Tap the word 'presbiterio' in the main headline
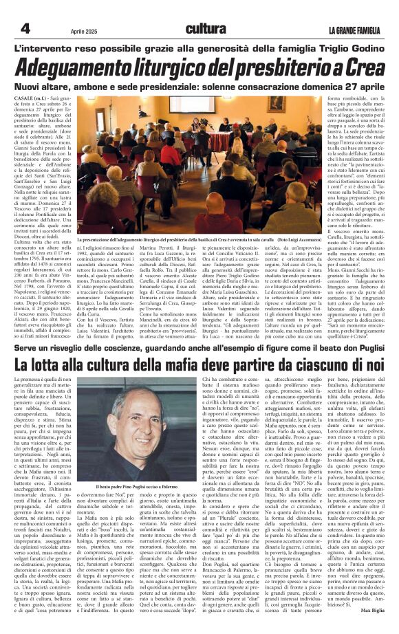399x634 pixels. [x=279, y=67]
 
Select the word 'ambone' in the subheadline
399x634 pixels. [x=110, y=87]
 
